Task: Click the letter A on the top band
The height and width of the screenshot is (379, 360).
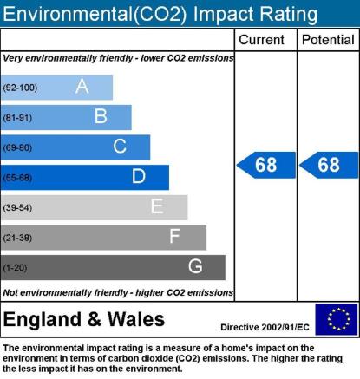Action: (x=82, y=86)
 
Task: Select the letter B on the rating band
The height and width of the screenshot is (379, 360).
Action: (x=101, y=116)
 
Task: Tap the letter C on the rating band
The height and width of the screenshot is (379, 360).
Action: (x=120, y=147)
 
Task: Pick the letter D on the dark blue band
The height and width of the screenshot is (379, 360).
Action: (x=139, y=176)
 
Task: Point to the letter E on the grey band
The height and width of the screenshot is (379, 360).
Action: (x=157, y=206)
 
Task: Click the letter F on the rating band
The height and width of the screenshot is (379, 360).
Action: (x=175, y=236)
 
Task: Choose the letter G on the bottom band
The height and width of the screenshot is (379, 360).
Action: (x=195, y=266)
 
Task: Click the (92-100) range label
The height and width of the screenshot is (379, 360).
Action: (x=20, y=88)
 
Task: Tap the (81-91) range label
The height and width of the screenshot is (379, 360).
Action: (x=17, y=118)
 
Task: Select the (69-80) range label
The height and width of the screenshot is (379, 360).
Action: (x=17, y=147)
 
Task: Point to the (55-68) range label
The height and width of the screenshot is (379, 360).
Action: (x=17, y=178)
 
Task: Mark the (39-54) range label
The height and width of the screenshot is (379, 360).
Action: (x=17, y=207)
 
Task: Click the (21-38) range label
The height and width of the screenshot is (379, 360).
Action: (x=17, y=238)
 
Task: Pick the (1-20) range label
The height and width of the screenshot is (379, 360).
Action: (x=15, y=268)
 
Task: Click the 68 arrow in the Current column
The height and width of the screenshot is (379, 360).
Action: (x=266, y=165)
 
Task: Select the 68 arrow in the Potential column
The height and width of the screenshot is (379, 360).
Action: (x=329, y=165)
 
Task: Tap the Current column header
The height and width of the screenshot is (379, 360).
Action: (x=261, y=40)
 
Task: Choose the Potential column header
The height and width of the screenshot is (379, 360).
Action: (x=328, y=40)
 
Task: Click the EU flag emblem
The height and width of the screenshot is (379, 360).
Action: (x=337, y=319)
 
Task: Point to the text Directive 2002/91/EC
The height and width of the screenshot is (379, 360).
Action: (x=265, y=327)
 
